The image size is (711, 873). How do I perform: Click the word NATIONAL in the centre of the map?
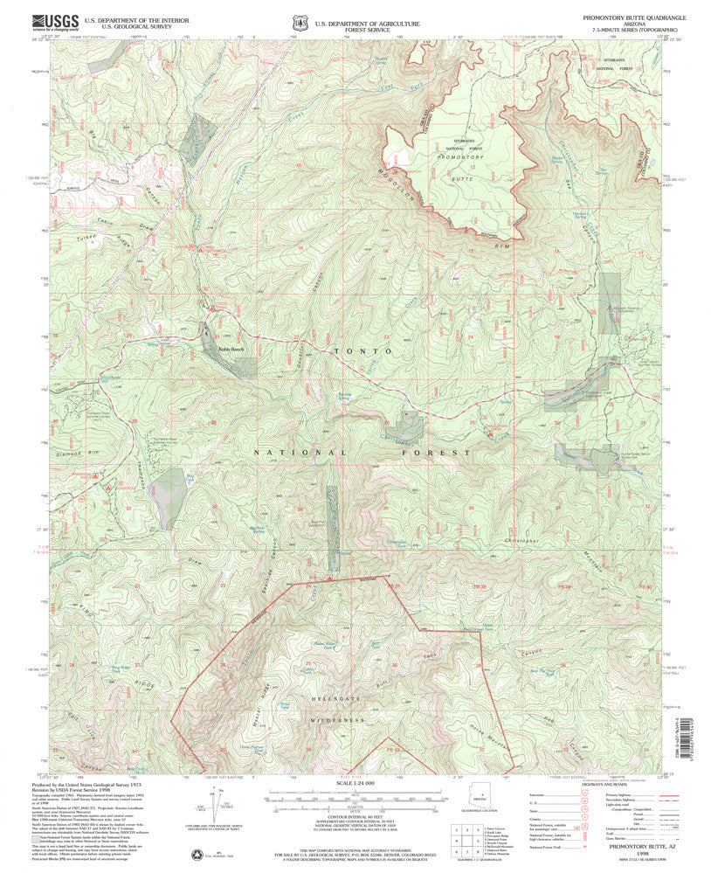[289, 453]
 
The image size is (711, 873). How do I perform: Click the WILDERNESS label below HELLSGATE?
[335, 720]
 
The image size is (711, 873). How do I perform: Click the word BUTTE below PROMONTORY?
[461, 177]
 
